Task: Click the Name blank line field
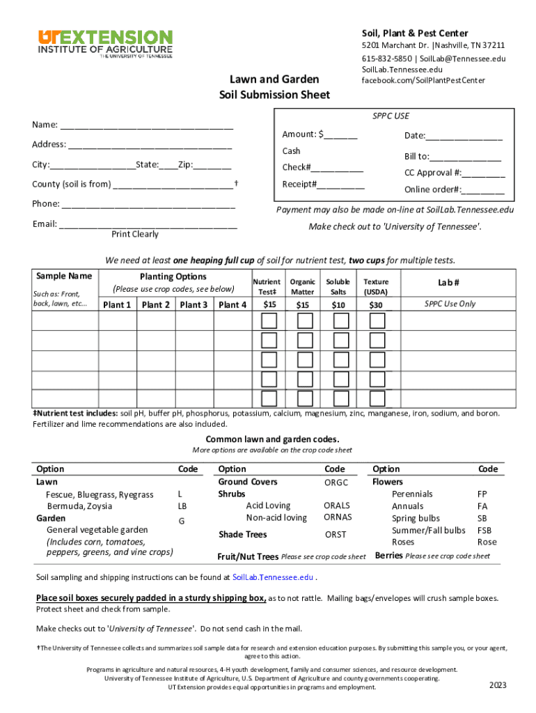tap(146, 125)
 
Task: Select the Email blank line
tap(148, 224)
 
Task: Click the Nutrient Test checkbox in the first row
tap(269, 321)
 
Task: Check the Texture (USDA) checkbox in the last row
tap(377, 399)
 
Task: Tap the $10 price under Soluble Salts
tap(338, 304)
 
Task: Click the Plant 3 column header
tap(194, 304)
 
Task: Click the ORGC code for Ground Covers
tap(336, 483)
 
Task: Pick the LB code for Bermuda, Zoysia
tap(182, 506)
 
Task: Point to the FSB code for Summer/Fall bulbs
tap(484, 530)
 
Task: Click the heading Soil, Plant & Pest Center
tap(414, 33)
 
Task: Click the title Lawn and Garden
tap(274, 79)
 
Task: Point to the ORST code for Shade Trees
tap(335, 535)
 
